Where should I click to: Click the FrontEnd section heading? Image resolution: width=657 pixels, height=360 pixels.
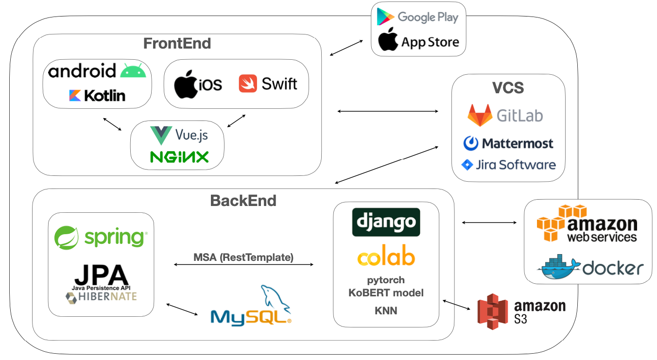(177, 43)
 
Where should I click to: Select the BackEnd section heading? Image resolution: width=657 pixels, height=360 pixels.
(243, 200)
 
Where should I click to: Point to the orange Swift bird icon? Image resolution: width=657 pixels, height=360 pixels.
(247, 84)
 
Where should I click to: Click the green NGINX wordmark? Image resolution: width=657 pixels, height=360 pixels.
(179, 156)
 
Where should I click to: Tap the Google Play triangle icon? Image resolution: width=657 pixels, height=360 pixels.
(385, 17)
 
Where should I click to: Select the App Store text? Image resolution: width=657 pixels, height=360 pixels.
(430, 43)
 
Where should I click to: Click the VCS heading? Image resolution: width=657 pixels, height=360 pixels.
(508, 87)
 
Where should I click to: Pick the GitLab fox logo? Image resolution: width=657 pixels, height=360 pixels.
(479, 116)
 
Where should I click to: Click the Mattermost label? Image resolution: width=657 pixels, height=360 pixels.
(517, 143)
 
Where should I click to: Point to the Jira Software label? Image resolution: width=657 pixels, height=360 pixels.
(515, 165)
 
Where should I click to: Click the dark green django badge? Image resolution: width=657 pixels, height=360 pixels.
(386, 222)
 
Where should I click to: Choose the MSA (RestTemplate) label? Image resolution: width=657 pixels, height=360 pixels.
(243, 257)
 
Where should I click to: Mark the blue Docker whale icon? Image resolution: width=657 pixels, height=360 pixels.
(559, 267)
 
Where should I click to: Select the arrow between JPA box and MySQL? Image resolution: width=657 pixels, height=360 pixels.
(183, 309)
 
